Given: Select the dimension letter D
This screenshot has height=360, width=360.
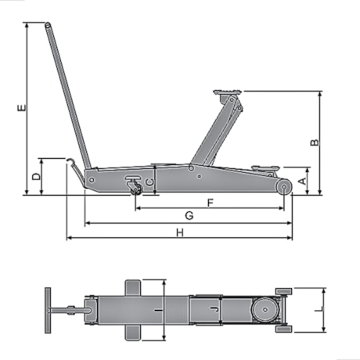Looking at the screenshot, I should coord(36,177).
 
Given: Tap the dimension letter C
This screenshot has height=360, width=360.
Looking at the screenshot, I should coord(149,182).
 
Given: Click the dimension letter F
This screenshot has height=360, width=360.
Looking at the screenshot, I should coord(210,203).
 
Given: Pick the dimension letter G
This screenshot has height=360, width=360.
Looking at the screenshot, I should coord(189,215).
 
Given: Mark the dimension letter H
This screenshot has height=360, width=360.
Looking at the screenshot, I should coord(179,232).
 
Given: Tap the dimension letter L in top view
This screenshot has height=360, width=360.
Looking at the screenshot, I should coord(317,310).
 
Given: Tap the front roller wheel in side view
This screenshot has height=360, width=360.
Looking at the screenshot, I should coord(283,186).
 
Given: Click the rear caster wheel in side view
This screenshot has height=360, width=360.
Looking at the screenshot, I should coord(135,188).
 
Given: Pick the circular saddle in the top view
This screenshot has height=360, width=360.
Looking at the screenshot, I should coord(265,311).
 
